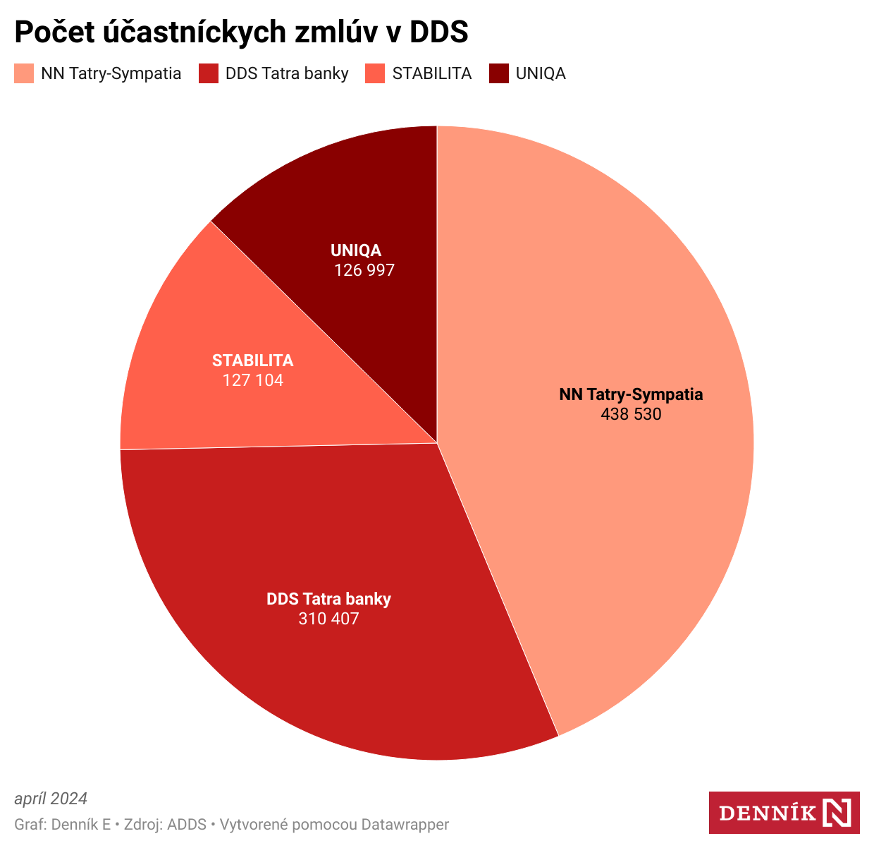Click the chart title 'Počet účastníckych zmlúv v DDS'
pyautogui.click(x=241, y=32)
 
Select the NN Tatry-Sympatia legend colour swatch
pyautogui.click(x=24, y=73)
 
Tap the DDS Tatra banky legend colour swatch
pyautogui.click(x=209, y=73)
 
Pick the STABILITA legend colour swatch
pyautogui.click(x=375, y=73)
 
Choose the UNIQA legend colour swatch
pyautogui.click(x=499, y=73)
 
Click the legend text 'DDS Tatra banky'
pyautogui.click(x=287, y=73)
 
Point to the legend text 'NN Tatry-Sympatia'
pyautogui.click(x=111, y=73)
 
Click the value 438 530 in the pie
pyautogui.click(x=631, y=414)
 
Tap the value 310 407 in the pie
pyautogui.click(x=328, y=619)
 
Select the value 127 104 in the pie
pyautogui.click(x=253, y=380)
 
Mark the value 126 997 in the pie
pyautogui.click(x=364, y=269)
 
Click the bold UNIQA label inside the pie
pyautogui.click(x=356, y=250)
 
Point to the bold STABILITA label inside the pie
pyautogui.click(x=253, y=361)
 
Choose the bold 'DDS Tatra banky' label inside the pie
pyautogui.click(x=328, y=600)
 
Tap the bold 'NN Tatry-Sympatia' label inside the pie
pyautogui.click(x=631, y=394)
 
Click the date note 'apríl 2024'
pyautogui.click(x=51, y=799)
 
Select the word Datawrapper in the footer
pyautogui.click(x=405, y=824)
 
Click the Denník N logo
pyautogui.click(x=784, y=812)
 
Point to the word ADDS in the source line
pyautogui.click(x=187, y=824)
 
